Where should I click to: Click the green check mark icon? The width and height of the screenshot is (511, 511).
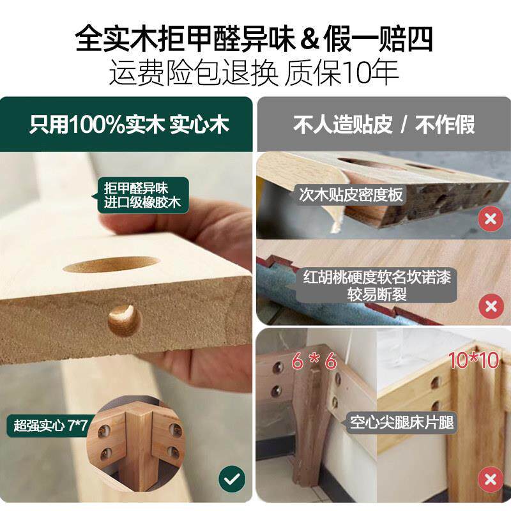(x=232, y=478)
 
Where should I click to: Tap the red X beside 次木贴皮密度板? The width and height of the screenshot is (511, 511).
(x=491, y=218)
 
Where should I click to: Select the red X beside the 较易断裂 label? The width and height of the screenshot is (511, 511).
(x=491, y=307)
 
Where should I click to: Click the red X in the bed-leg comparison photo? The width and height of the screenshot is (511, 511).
(x=491, y=480)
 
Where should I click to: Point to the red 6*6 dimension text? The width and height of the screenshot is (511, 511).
(x=314, y=361)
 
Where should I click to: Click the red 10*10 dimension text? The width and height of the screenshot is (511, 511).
(x=474, y=360)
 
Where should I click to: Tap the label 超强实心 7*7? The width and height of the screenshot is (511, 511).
(x=50, y=425)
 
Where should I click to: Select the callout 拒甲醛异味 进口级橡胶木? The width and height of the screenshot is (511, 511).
(x=142, y=195)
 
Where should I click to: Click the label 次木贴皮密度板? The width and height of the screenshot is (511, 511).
(x=351, y=195)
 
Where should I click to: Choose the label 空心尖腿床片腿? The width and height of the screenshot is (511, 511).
(x=402, y=423)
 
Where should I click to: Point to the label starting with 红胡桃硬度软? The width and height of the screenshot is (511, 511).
(x=377, y=286)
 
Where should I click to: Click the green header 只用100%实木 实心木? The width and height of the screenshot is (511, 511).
(x=130, y=125)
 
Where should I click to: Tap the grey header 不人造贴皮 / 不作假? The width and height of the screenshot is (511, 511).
(x=384, y=125)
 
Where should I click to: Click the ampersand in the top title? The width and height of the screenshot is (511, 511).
(x=309, y=40)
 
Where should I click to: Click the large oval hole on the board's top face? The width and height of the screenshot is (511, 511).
(x=112, y=265)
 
